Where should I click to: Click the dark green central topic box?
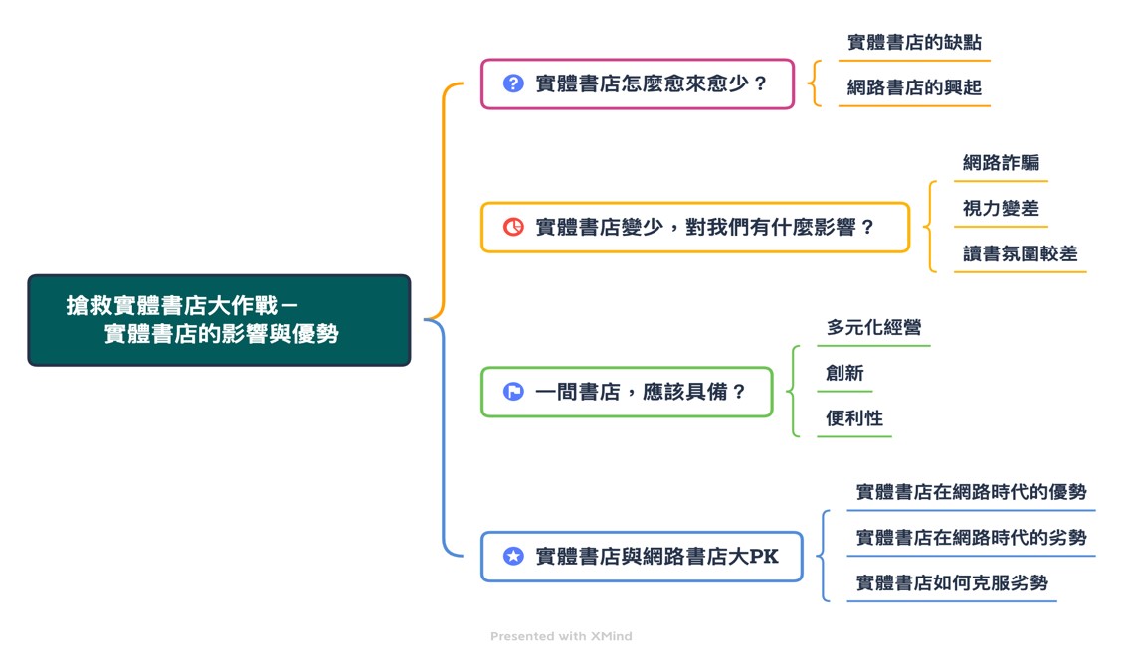pyautogui.click(x=219, y=320)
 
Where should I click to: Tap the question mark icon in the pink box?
pyautogui.click(x=513, y=83)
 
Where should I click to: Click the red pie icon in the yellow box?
pyautogui.click(x=513, y=227)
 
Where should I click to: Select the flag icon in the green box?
pyautogui.click(x=513, y=392)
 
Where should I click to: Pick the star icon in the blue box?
pyautogui.click(x=513, y=557)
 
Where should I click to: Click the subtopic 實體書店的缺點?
pyautogui.click(x=914, y=43)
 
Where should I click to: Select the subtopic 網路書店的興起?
pyautogui.click(x=914, y=87)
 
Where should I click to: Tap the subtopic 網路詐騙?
pyautogui.click(x=1001, y=163)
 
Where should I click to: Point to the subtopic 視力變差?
pyautogui.click(x=1001, y=209)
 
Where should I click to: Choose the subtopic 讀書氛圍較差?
pyautogui.click(x=1020, y=254)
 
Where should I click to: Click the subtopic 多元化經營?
pyautogui.click(x=873, y=328)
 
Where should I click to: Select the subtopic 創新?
pyautogui.click(x=844, y=374)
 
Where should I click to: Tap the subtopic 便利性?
pyautogui.click(x=854, y=418)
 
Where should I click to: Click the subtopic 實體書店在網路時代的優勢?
pyautogui.click(x=971, y=492)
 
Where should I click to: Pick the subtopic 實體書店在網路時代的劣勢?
pyautogui.click(x=971, y=538)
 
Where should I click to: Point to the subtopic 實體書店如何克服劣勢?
pyautogui.click(x=952, y=583)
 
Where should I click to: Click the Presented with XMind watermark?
pyautogui.click(x=561, y=636)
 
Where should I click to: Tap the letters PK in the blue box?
pyautogui.click(x=763, y=557)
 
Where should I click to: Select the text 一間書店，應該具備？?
pyautogui.click(x=641, y=392)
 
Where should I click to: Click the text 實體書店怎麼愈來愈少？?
pyautogui.click(x=652, y=83)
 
